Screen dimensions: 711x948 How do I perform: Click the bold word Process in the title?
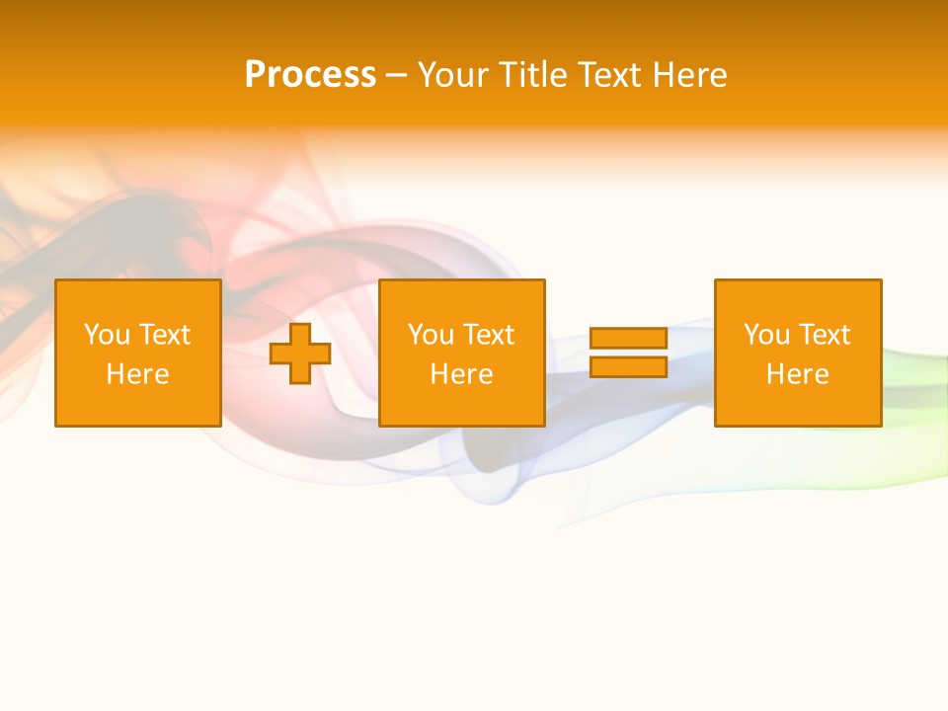[x=310, y=75]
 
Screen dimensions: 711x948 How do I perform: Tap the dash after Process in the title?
[x=397, y=76]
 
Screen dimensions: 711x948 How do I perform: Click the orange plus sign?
[x=300, y=354]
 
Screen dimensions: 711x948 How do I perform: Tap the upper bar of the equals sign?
[x=628, y=338]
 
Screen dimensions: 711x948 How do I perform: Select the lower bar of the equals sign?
[x=628, y=367]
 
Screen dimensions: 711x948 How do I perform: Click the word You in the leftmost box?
[x=107, y=335]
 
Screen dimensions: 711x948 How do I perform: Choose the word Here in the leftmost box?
[x=137, y=374]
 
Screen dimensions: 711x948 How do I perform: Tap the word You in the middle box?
[x=431, y=335]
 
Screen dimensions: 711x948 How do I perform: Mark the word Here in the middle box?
[x=461, y=374]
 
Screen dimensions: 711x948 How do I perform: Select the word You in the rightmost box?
[x=766, y=335]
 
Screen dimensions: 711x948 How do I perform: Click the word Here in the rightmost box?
[x=797, y=374]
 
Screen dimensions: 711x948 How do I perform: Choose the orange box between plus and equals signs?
[x=461, y=296]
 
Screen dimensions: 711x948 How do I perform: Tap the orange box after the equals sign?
[x=797, y=296]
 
